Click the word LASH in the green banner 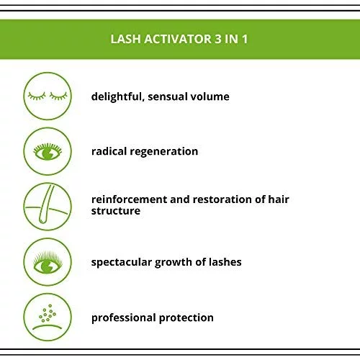(x=125, y=39)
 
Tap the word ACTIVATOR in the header (x=178, y=39)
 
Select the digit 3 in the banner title (x=218, y=39)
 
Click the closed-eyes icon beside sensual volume (x=48, y=96)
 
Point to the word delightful (x=118, y=97)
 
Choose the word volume (x=210, y=96)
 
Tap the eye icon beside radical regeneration (x=48, y=151)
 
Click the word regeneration (x=164, y=152)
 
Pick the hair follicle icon (x=48, y=207)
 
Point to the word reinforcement (x=129, y=199)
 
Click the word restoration (x=222, y=199)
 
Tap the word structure (x=116, y=211)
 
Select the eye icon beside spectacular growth (x=48, y=262)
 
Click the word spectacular (x=122, y=263)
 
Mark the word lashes (x=225, y=262)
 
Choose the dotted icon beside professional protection (x=48, y=317)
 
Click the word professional (x=124, y=318)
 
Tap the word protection (x=186, y=318)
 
